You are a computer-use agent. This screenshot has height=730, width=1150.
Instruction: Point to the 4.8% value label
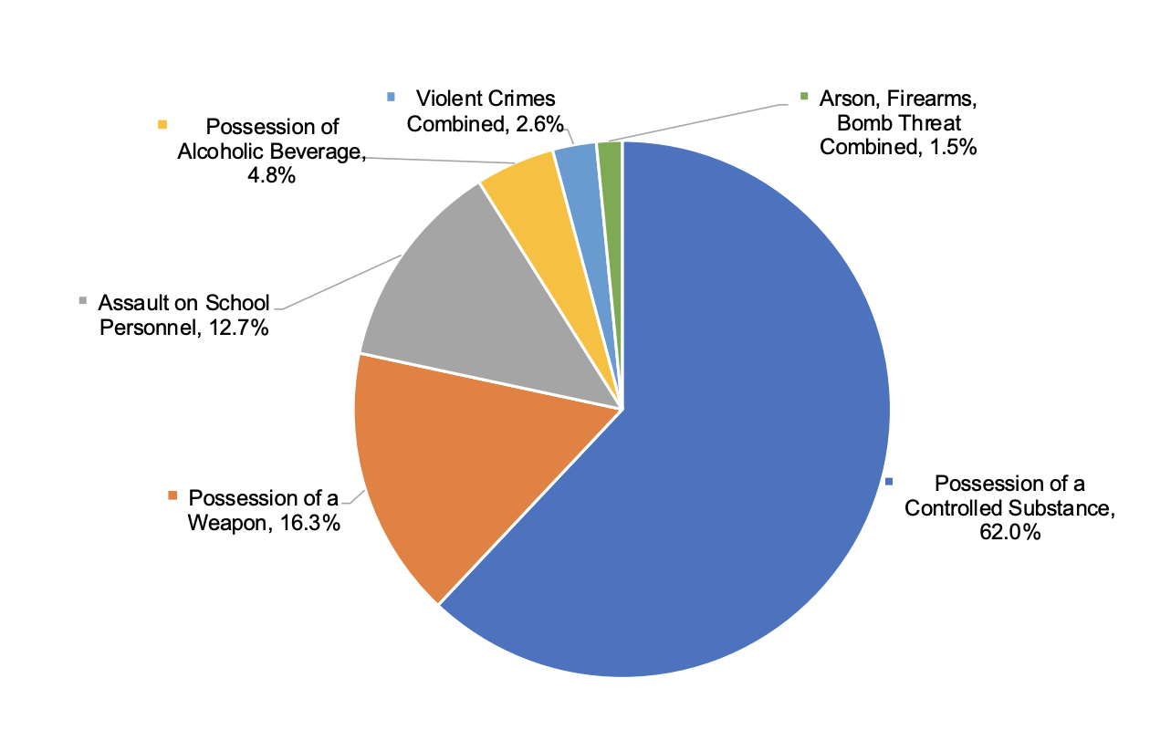(269, 176)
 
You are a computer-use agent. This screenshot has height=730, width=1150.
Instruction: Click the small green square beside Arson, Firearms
(804, 96)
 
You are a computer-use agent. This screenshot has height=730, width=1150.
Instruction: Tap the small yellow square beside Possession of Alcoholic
(162, 124)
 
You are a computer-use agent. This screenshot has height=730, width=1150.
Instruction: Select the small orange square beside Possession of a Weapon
(172, 495)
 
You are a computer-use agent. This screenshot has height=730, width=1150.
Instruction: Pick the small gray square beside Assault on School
(83, 300)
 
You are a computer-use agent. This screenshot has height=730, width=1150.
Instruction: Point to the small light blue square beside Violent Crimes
(392, 96)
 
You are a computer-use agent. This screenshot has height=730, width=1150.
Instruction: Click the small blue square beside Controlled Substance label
(888, 481)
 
